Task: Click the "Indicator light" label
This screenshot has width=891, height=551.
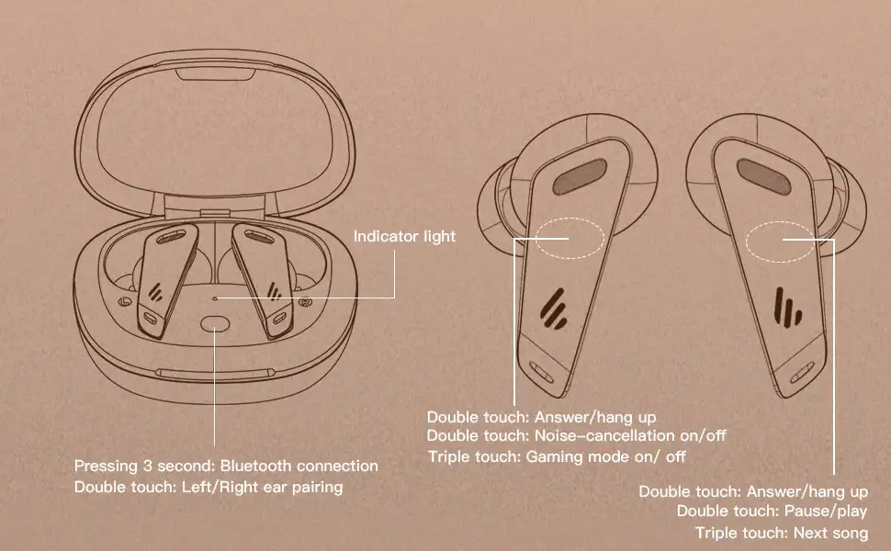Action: coord(404,236)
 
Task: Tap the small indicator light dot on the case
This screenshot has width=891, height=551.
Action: coord(215,298)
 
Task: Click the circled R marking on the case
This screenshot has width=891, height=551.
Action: coord(305,301)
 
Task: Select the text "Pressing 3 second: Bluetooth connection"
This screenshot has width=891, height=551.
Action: coord(226,466)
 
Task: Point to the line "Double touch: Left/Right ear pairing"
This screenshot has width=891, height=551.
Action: coord(209,487)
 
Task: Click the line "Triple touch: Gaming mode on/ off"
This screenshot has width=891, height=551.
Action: coord(557,456)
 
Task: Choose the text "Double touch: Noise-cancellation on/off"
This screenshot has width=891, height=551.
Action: coord(577,435)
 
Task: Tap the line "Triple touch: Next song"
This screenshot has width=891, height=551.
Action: coord(782,533)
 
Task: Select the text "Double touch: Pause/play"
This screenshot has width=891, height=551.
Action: coord(773,512)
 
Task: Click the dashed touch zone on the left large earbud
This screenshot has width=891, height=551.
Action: coord(570,238)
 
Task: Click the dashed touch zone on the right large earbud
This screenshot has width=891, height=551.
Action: coord(782,242)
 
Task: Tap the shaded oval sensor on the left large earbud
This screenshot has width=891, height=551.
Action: coord(580,176)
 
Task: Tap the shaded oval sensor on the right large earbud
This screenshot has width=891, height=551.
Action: coord(764,176)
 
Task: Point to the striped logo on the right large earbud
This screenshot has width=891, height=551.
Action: coord(788,308)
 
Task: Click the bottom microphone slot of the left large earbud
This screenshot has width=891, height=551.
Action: coord(542,372)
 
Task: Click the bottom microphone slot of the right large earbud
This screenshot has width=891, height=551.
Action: coord(802,373)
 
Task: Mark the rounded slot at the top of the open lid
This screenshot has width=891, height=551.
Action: coord(216,75)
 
